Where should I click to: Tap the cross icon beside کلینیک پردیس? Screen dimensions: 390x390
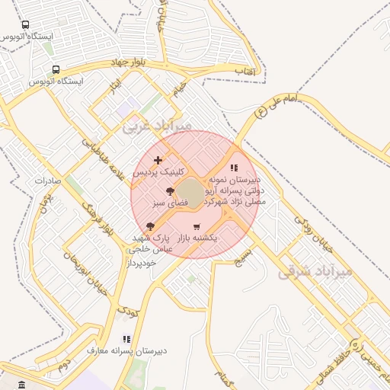(158, 160)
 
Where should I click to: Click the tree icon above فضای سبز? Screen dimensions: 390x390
(169, 192)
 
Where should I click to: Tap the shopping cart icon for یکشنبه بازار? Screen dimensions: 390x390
(197, 226)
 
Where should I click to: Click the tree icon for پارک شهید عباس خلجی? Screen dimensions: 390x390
(149, 225)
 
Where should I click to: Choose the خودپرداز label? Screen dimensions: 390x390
(142, 263)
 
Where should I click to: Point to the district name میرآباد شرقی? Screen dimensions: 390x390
(315, 270)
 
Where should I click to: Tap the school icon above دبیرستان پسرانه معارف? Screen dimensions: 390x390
(126, 338)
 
